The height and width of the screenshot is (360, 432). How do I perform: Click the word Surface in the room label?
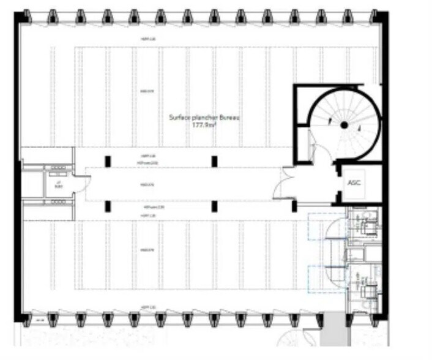pyautogui.click(x=179, y=116)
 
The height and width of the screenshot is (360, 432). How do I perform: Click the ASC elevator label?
pyautogui.click(x=354, y=182)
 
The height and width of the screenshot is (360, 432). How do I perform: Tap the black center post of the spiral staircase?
pyautogui.click(x=344, y=125)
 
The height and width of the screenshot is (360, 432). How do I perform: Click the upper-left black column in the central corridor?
pyautogui.click(x=108, y=161)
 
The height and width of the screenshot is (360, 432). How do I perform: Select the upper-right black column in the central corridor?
pyautogui.click(x=214, y=161)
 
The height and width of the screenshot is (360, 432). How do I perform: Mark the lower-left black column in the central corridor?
pyautogui.click(x=108, y=205)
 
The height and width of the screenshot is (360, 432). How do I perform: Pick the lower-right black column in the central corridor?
pyautogui.click(x=214, y=205)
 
